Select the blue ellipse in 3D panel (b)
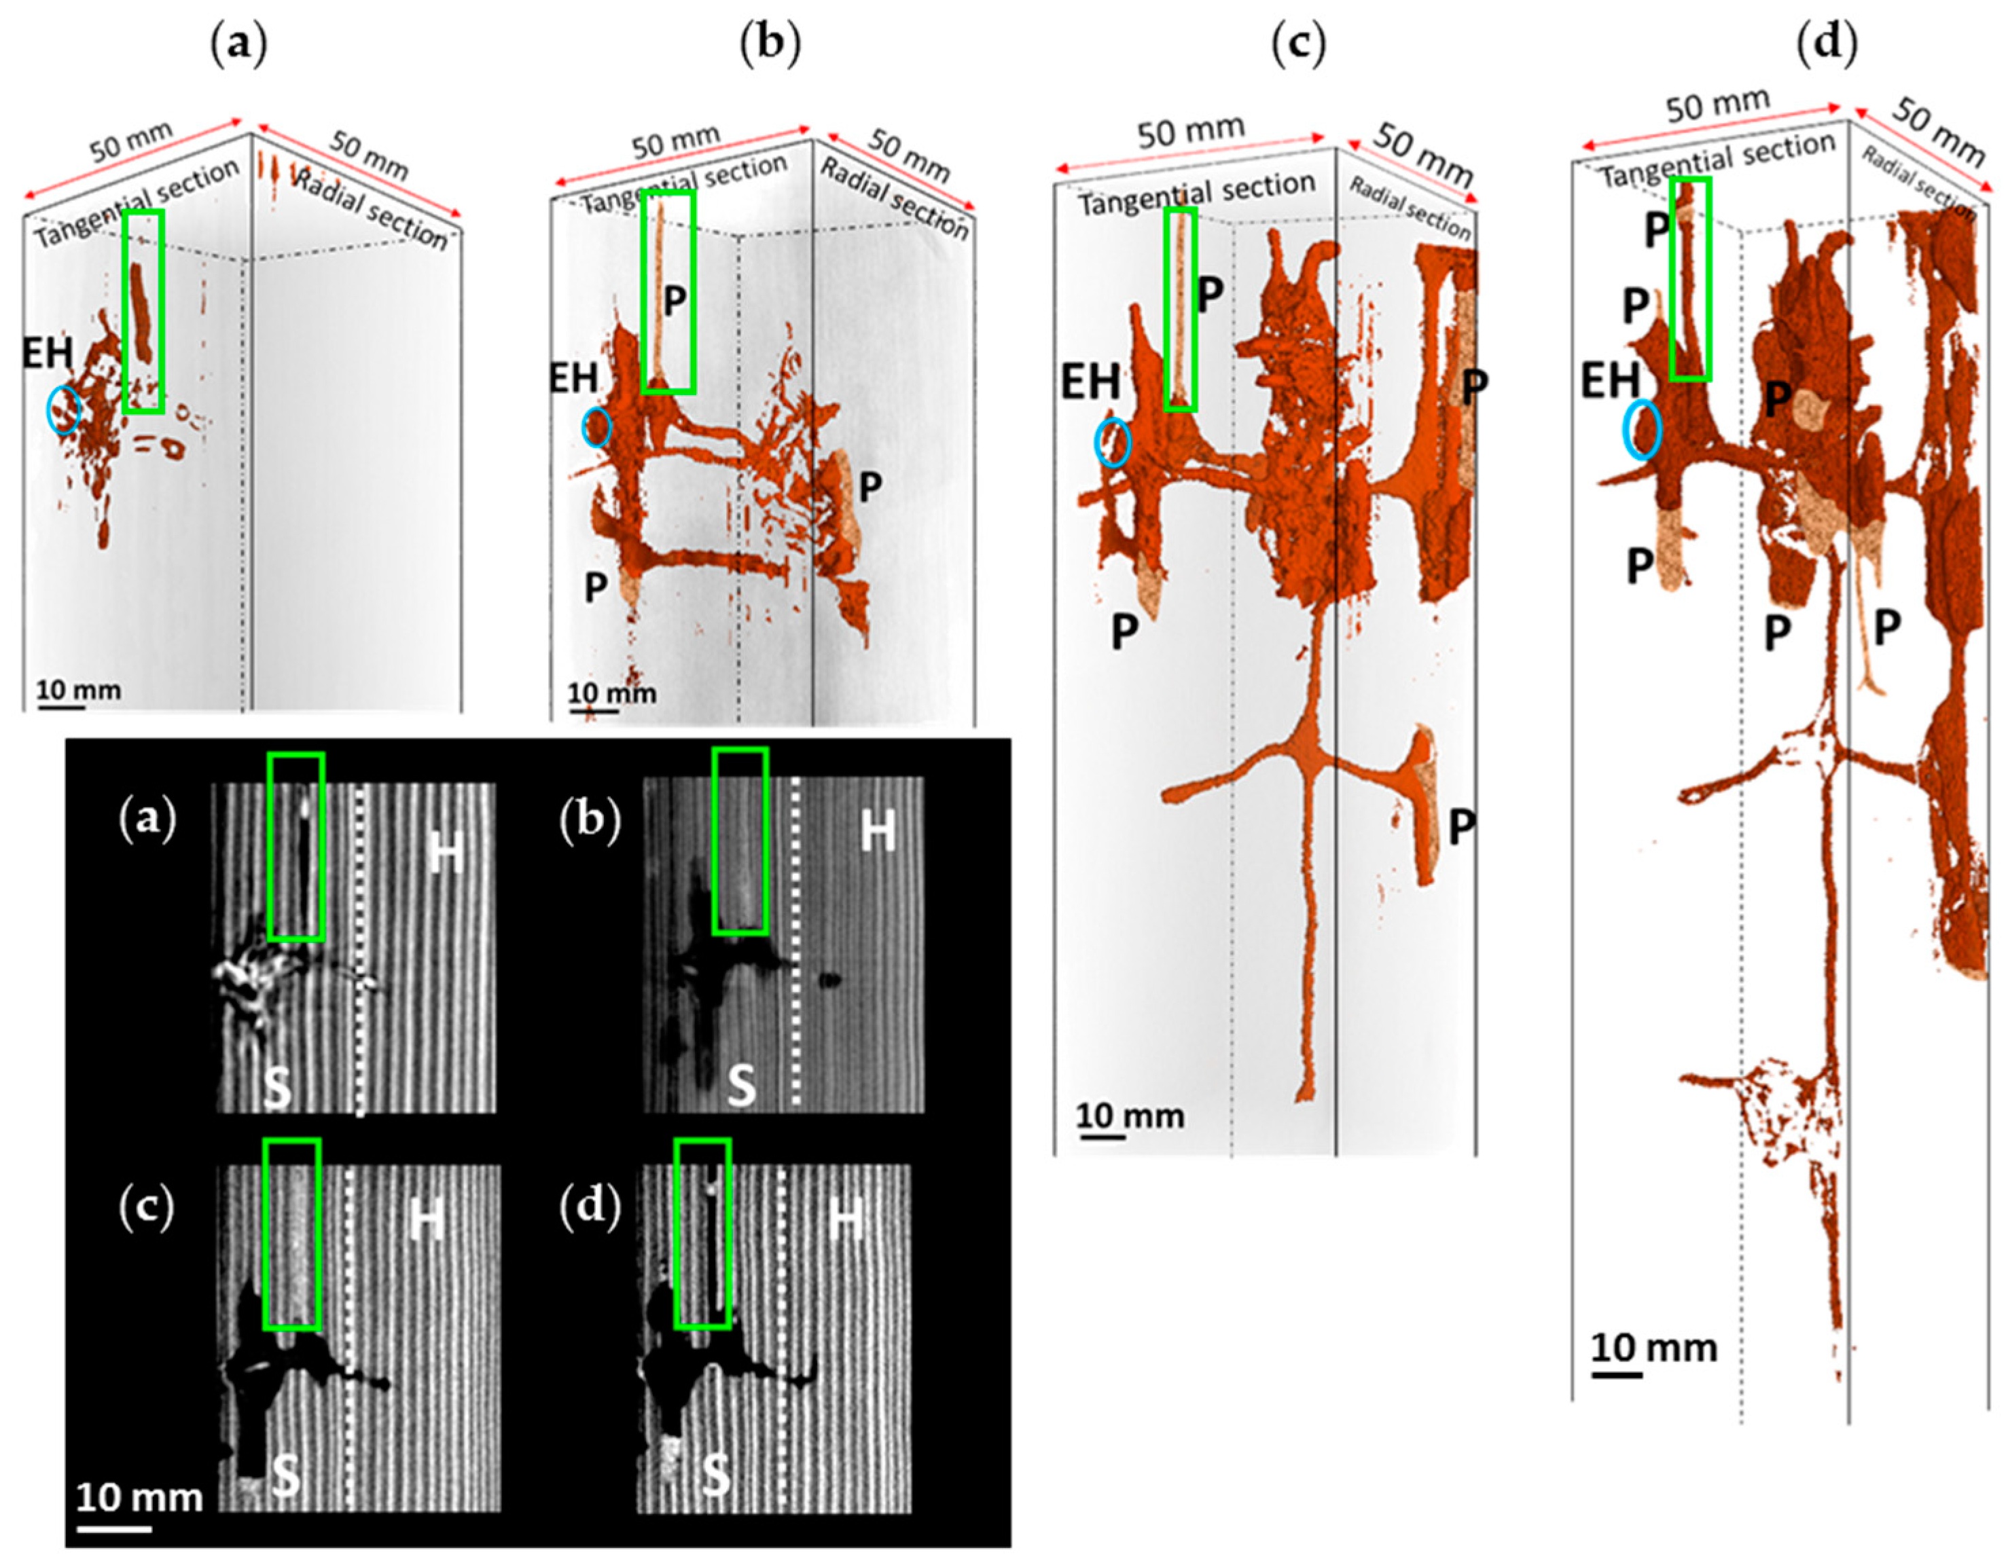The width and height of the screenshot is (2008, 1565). tap(596, 427)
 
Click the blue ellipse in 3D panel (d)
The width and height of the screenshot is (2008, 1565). tap(1641, 429)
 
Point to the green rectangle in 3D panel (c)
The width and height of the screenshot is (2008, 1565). tap(1181, 310)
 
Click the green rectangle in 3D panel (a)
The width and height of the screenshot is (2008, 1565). tap(143, 310)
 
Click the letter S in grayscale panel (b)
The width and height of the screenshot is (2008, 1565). tap(741, 1087)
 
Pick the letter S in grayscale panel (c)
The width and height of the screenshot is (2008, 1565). tap(285, 1477)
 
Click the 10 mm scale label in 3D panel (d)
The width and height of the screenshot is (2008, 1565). tap(1654, 1349)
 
